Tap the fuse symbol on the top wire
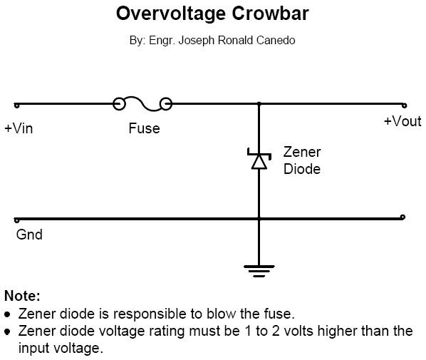pos(143,105)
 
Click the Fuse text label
pos(144,129)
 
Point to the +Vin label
pos(19,129)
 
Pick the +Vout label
pos(402,121)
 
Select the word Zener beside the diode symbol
pos(302,152)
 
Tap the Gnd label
pos(29,234)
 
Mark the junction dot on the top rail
pos(259,104)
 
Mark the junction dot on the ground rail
pos(259,218)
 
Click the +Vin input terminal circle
pos(16,105)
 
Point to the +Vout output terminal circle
pos(403,104)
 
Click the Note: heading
pos(22,296)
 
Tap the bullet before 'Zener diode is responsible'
pos(8,314)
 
